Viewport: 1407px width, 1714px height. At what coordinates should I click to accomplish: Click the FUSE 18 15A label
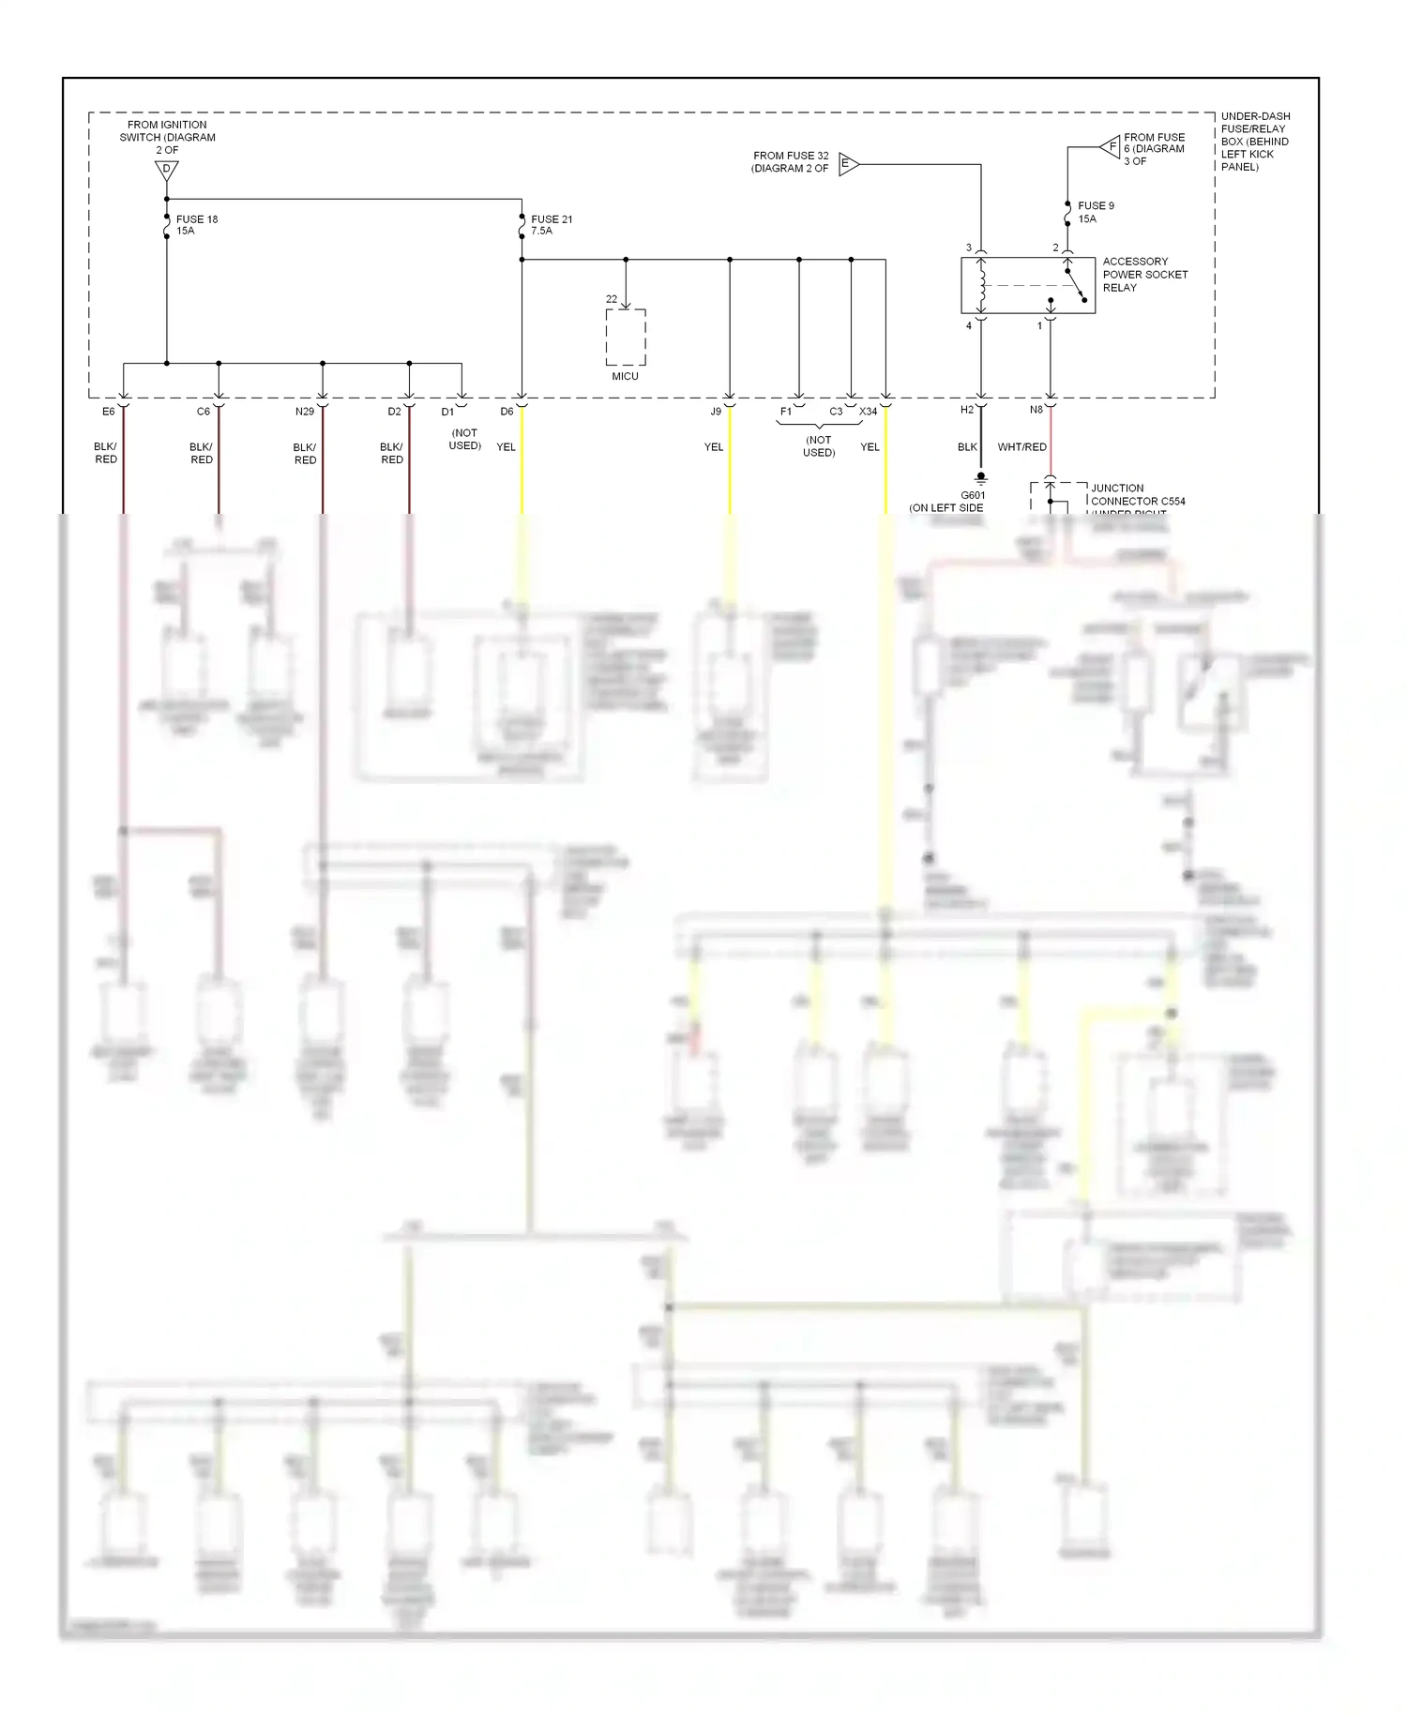(x=196, y=225)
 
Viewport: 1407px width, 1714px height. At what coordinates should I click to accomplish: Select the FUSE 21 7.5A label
(x=551, y=225)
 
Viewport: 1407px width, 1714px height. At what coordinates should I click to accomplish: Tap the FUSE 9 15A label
(x=1095, y=212)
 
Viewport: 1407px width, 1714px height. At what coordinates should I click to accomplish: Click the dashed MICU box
(x=626, y=338)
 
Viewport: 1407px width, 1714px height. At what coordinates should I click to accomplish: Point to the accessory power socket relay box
(x=1027, y=285)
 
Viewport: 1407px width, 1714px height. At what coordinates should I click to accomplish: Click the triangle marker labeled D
(x=166, y=170)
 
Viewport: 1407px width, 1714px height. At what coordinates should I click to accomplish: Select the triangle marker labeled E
(x=847, y=164)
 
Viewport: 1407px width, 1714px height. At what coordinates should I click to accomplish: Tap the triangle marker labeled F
(x=1111, y=147)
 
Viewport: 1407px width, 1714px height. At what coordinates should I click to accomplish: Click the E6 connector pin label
(x=109, y=412)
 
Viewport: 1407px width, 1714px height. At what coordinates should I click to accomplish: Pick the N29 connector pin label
(x=305, y=412)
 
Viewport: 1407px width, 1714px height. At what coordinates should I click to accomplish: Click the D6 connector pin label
(x=507, y=412)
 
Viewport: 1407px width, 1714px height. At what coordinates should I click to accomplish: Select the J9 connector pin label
(x=716, y=412)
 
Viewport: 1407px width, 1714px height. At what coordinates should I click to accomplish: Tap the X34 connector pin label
(x=869, y=412)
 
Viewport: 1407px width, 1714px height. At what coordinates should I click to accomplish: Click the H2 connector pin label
(x=967, y=410)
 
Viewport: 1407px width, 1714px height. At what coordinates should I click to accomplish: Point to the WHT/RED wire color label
(x=1021, y=447)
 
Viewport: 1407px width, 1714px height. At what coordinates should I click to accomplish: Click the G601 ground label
(x=973, y=495)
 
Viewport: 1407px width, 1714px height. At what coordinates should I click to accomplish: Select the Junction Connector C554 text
(x=1137, y=495)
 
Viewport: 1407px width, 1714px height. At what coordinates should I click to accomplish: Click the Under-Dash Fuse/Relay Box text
(x=1254, y=142)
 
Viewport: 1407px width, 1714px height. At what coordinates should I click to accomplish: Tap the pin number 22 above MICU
(x=612, y=299)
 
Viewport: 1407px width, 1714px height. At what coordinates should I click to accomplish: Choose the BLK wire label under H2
(x=967, y=447)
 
